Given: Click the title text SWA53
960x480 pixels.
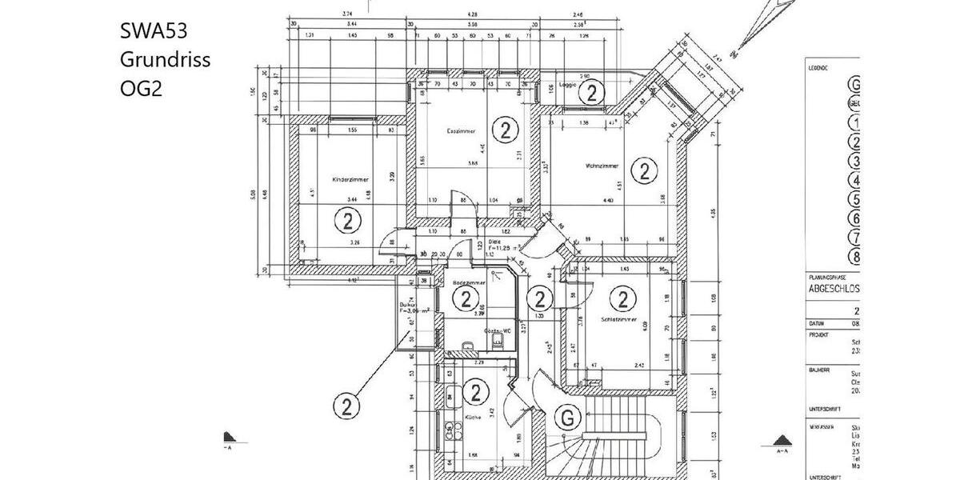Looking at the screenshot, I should coord(154,32).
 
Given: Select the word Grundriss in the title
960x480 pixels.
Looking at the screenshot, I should coord(165,60).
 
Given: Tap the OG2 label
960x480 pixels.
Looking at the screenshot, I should coord(141,88).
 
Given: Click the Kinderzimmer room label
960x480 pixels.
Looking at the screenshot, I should coord(350,180).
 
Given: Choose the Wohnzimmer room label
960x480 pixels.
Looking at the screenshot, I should coord(601,166).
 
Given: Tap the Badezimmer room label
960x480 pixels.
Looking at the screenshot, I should coord(466,282).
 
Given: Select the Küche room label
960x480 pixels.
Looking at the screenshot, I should coord(471,418).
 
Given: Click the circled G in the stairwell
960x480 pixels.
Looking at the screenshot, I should coord(567,417).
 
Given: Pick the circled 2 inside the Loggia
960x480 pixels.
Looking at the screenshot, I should coord(591,94).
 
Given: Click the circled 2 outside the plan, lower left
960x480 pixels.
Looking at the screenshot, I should coord(346,406).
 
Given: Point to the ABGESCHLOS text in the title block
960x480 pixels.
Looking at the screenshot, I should coord(834,290).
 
